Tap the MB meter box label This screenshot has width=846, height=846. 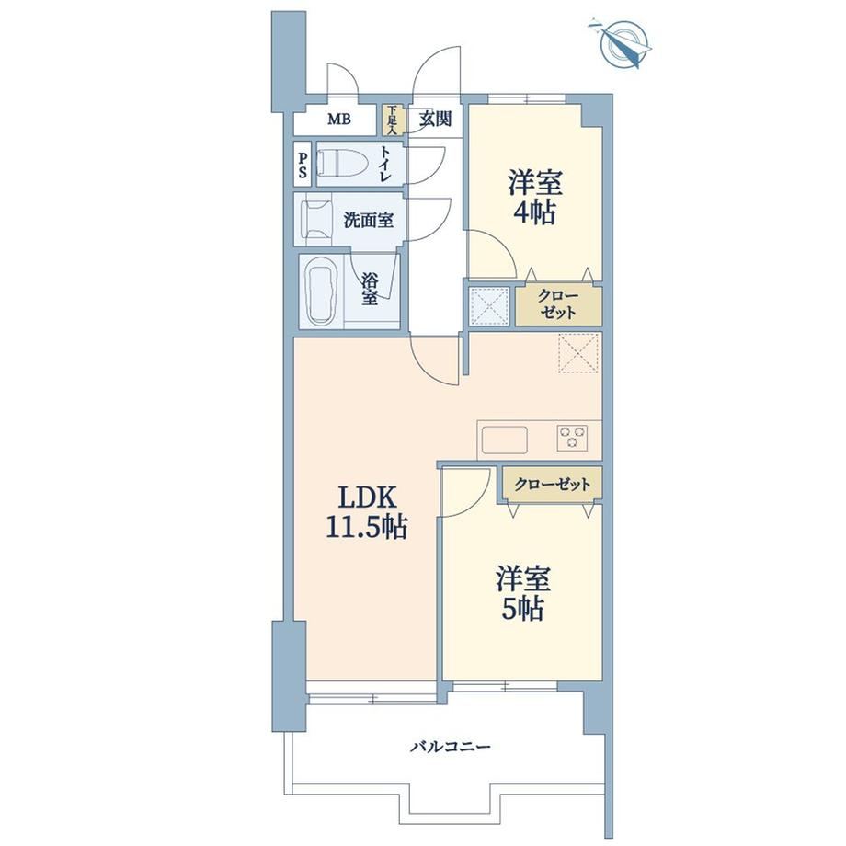pyautogui.click(x=338, y=119)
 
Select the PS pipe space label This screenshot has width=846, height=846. pyautogui.click(x=303, y=165)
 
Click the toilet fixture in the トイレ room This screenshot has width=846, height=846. pyautogui.click(x=341, y=163)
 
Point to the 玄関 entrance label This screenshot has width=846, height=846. pyautogui.click(x=435, y=119)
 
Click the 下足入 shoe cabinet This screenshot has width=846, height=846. pyautogui.click(x=391, y=120)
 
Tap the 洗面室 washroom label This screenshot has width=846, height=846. pyautogui.click(x=369, y=220)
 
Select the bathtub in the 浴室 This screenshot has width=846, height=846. pyautogui.click(x=322, y=292)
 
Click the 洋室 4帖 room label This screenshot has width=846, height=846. pyautogui.click(x=534, y=198)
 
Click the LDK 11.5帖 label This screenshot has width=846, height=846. pyautogui.click(x=366, y=512)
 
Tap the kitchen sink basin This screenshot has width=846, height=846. pyautogui.click(x=505, y=440)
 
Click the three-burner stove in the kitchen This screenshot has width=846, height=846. pyautogui.click(x=573, y=438)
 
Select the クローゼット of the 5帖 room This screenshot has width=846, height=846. pyautogui.click(x=553, y=485)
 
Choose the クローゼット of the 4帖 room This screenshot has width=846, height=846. pyautogui.click(x=558, y=305)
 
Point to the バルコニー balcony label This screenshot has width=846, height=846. pyautogui.click(x=451, y=748)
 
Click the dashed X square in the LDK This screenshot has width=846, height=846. pyautogui.click(x=579, y=353)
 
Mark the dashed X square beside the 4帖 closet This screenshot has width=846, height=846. pyautogui.click(x=489, y=306)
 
